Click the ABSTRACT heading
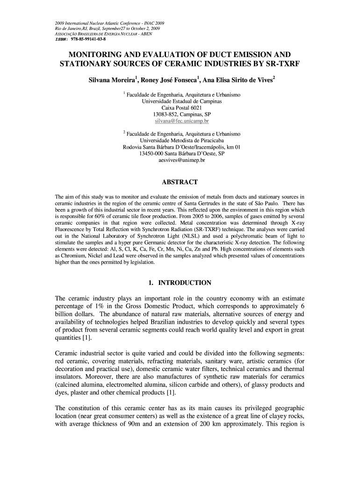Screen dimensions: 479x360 180,182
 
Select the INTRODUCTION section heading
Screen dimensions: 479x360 185,283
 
